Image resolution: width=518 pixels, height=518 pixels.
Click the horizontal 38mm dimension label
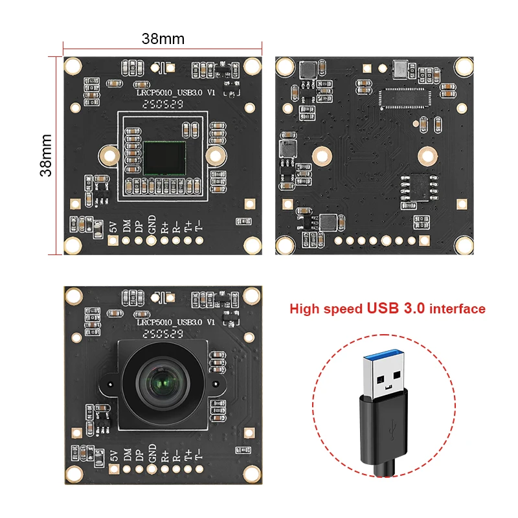click(163, 39)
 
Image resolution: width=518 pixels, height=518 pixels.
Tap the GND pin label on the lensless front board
click(152, 223)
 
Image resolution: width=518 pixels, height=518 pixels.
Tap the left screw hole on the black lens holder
click(107, 384)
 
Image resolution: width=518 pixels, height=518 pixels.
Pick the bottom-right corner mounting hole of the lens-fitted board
click(251, 475)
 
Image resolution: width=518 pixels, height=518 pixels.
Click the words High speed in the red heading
click(326, 309)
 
